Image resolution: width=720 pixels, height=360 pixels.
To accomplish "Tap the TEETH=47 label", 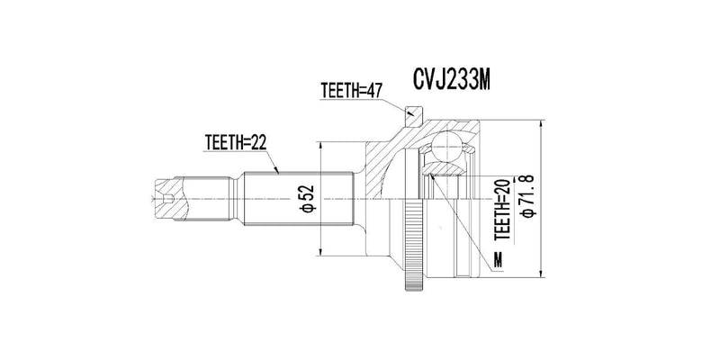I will pyautogui.click(x=352, y=90).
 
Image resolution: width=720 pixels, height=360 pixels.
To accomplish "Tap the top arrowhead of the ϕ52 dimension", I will pyautogui.click(x=322, y=144).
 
